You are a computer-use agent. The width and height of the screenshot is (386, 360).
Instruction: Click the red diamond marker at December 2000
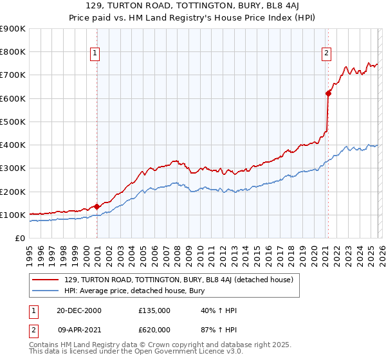tap(97, 206)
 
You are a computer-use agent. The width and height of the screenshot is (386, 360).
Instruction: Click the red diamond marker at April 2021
tap(328, 94)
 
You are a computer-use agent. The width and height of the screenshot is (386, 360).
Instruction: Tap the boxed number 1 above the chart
tap(95, 53)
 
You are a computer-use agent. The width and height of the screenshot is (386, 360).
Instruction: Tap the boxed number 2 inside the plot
tap(327, 53)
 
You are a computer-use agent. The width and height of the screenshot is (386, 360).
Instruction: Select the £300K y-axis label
tap(13, 168)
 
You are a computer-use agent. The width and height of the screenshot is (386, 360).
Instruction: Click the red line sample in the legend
tap(46, 280)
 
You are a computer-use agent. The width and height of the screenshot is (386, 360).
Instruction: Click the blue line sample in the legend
tap(46, 291)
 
